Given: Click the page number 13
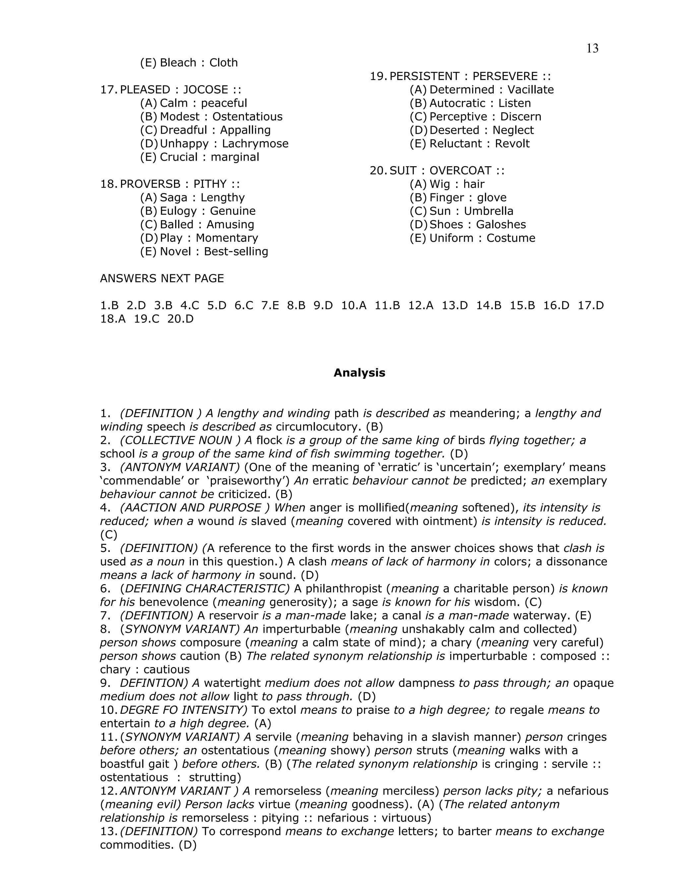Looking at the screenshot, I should [x=592, y=49].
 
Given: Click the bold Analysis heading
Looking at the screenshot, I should [x=359, y=373].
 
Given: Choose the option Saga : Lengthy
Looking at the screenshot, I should [x=202, y=198].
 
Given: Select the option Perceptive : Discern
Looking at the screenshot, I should [x=485, y=117].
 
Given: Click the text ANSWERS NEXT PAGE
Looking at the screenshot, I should [x=162, y=279].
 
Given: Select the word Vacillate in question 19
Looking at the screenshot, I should [x=530, y=90].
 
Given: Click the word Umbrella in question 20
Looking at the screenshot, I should [x=488, y=211].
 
